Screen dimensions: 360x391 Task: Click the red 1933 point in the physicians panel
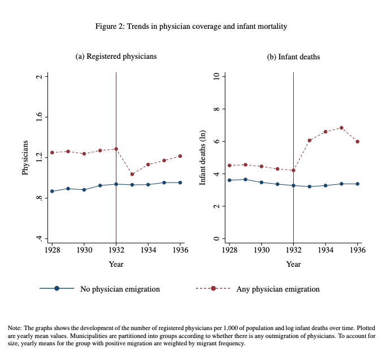[x=132, y=174]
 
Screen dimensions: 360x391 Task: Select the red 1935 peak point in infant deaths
[x=342, y=128]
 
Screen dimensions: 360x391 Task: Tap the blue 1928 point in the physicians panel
[x=52, y=191]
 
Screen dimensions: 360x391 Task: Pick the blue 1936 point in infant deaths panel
[x=358, y=184]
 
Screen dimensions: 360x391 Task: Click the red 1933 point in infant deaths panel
[x=310, y=140]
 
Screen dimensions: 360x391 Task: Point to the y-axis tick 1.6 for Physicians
[x=39, y=118]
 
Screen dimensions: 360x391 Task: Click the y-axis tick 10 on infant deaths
[x=216, y=76]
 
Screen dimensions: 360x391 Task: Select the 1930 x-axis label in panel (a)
[x=84, y=249]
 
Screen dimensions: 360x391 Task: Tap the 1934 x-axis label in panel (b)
[x=325, y=249]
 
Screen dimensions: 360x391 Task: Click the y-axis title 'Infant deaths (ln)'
[x=203, y=158]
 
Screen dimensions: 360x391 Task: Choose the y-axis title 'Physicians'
[x=25, y=158]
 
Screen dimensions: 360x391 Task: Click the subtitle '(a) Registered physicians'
[x=116, y=57]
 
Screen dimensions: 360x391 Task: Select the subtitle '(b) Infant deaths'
[x=293, y=57]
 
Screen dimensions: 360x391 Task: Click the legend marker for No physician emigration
[x=57, y=289]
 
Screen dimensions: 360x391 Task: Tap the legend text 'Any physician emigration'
[x=277, y=289]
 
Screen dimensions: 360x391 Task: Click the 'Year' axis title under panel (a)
[x=116, y=264]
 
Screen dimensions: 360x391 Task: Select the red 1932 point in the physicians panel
[x=116, y=149]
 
